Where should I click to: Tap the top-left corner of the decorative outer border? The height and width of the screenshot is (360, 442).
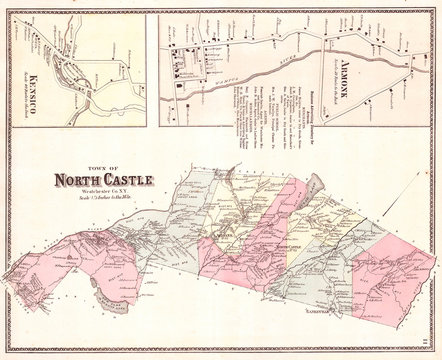pos(5,5)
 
